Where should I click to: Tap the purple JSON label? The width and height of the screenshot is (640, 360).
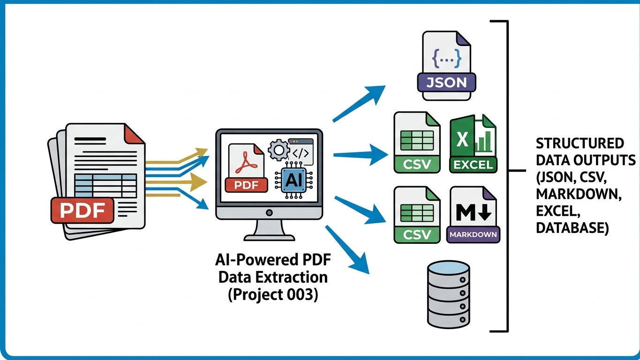point(446,82)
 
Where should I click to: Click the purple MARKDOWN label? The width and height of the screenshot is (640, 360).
point(474,234)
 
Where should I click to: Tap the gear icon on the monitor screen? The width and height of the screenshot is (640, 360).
point(279,150)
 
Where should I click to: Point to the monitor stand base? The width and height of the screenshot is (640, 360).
point(269,234)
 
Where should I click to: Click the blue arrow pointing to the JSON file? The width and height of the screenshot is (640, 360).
point(359,104)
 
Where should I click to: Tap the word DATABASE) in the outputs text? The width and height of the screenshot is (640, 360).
point(572,227)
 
